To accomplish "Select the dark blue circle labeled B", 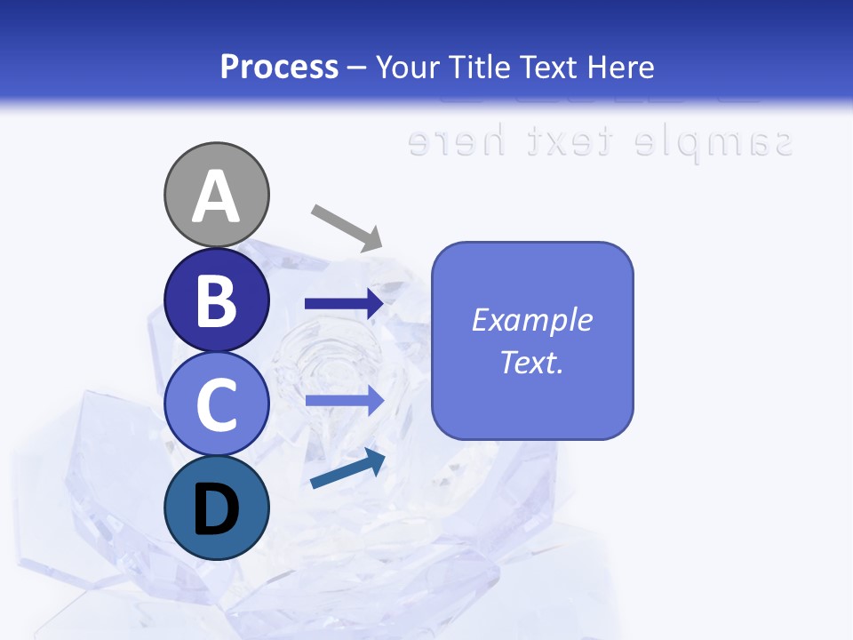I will tap(217, 300).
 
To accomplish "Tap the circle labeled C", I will tap(217, 404).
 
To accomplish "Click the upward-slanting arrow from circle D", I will tap(347, 470).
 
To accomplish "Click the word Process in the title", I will tap(279, 68).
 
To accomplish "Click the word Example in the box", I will tap(531, 320).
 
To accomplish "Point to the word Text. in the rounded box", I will tap(531, 363).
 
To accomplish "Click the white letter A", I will tap(217, 197).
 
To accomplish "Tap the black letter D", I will tap(217, 510).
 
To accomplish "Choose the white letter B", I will tap(217, 300).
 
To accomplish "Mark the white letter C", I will tap(217, 405).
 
